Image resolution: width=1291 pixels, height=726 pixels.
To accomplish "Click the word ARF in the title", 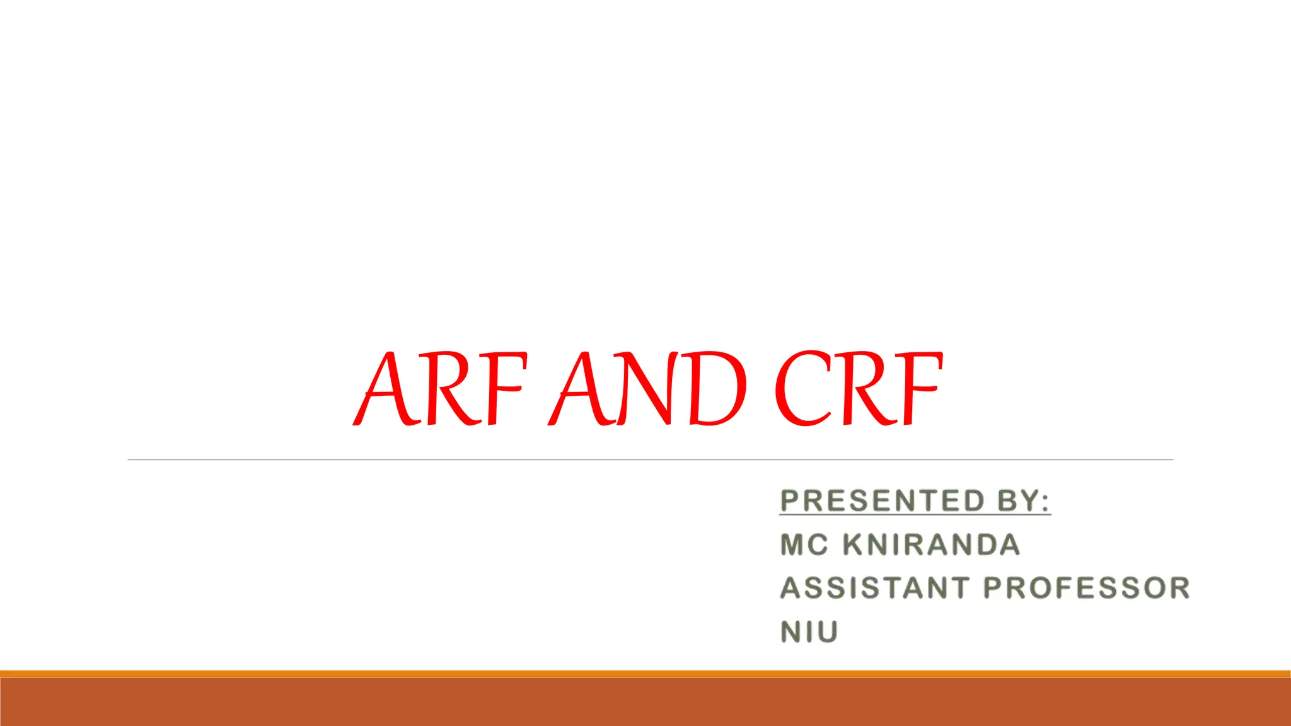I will (x=440, y=388).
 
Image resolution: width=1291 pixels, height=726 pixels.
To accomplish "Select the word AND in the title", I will (x=649, y=388).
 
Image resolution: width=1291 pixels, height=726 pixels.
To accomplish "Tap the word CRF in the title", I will (x=859, y=388).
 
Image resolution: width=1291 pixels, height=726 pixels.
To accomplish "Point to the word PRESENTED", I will (x=882, y=501).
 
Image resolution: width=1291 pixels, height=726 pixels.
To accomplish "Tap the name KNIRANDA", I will (x=931, y=545).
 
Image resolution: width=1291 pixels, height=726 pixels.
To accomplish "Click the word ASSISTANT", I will (x=874, y=588).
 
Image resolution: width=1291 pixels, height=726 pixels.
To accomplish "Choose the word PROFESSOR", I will (x=1086, y=588).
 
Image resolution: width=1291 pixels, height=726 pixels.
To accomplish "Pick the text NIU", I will (x=809, y=632).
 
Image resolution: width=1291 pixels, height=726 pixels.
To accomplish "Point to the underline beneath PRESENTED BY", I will (x=915, y=515).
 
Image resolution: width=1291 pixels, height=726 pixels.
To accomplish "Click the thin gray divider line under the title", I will (x=650, y=460).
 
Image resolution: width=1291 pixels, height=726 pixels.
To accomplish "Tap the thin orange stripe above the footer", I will (x=645, y=674).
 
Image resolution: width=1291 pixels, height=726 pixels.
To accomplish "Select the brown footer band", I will (x=645, y=702).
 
